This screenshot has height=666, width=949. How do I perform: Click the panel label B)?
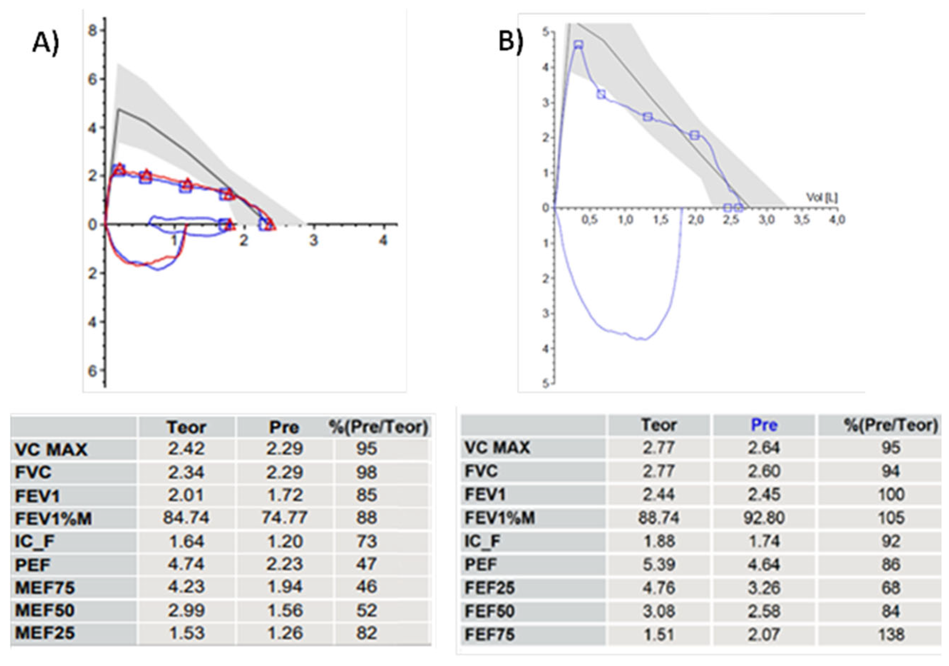[511, 41]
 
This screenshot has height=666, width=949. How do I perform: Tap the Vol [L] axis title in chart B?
[822, 197]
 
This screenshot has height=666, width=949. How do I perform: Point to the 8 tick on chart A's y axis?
[94, 31]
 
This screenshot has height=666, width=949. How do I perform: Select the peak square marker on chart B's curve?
[579, 45]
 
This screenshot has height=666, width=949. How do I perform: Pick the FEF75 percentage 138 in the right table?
[891, 634]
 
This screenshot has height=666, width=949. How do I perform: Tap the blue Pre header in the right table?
[764, 425]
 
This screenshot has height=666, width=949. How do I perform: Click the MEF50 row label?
[45, 610]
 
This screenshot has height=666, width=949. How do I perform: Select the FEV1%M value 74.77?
[284, 517]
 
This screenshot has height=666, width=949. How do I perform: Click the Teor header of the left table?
[186, 427]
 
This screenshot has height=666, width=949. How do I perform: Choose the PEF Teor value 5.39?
[659, 564]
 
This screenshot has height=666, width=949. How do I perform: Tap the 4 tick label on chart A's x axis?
[383, 241]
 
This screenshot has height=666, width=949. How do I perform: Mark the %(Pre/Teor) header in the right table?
[891, 425]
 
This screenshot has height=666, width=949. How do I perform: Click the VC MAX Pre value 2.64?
[764, 448]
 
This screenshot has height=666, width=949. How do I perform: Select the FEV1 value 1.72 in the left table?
[284, 495]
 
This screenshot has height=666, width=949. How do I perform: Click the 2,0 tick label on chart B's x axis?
[696, 220]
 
